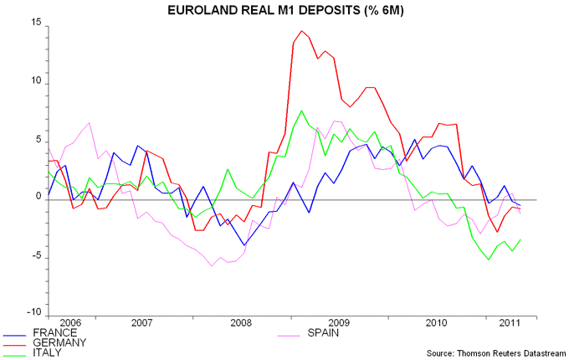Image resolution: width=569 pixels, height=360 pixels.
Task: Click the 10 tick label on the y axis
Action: click(36, 83)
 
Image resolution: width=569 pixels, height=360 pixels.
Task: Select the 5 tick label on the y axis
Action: click(39, 141)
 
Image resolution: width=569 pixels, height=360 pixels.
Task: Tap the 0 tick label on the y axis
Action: click(39, 199)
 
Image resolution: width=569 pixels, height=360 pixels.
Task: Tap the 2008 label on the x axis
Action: click(241, 322)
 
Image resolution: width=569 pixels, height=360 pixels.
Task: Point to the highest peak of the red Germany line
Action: click(301, 31)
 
